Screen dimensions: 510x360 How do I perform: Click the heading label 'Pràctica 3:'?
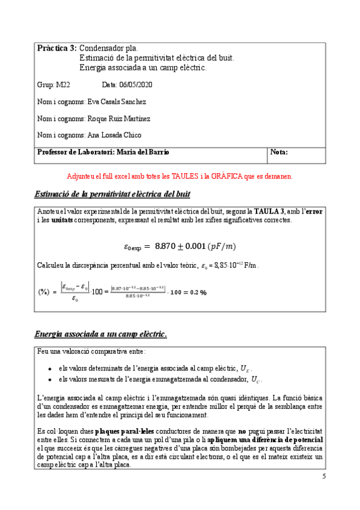pyautogui.click(x=56, y=48)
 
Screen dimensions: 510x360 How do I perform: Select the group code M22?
pyautogui.click(x=62, y=85)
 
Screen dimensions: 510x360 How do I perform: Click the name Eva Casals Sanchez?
pyautogui.click(x=117, y=102)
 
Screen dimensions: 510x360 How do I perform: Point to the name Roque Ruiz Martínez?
pyautogui.click(x=119, y=118)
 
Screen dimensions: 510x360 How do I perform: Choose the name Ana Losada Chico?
pyautogui.click(x=115, y=135)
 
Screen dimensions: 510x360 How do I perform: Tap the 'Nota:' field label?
pyautogui.click(x=279, y=152)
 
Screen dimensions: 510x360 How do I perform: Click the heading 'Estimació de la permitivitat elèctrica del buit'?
pyautogui.click(x=112, y=194)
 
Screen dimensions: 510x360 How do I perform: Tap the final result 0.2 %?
pyautogui.click(x=195, y=292)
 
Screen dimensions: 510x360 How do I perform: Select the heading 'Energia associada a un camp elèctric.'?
pyautogui.click(x=101, y=334)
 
